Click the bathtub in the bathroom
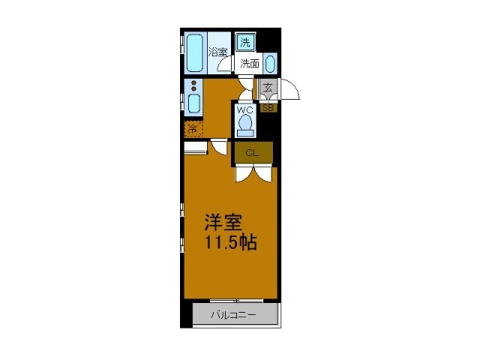click(x=195, y=51)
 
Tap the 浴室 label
click(x=217, y=52)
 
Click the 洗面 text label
click(x=250, y=64)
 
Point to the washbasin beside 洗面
click(x=270, y=63)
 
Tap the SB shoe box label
click(x=268, y=107)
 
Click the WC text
click(x=244, y=110)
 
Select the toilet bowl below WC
click(x=244, y=126)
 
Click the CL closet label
click(x=251, y=153)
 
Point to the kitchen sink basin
click(x=193, y=102)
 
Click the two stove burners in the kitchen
click(x=193, y=84)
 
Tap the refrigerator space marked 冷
click(x=193, y=127)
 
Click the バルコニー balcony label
click(x=232, y=314)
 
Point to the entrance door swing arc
click(x=290, y=90)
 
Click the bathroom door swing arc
click(x=225, y=66)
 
